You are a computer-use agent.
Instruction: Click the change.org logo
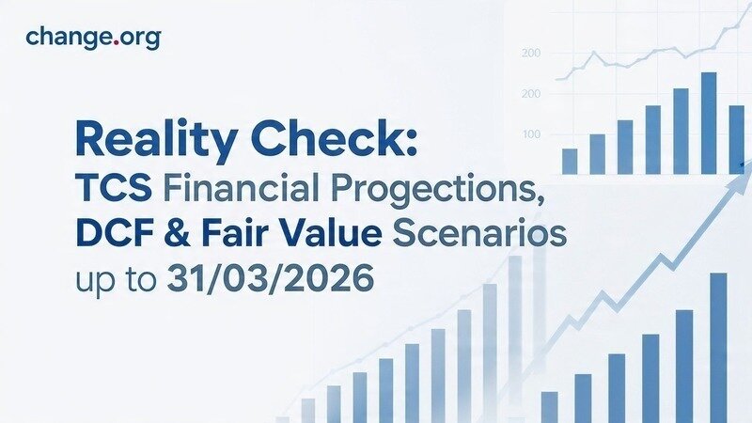point(93,38)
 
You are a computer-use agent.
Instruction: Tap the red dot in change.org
point(117,42)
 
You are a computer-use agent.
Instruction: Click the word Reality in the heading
point(156,140)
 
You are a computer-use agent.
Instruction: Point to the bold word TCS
point(114,187)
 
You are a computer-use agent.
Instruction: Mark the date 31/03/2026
point(270,278)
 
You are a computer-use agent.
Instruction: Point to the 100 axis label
point(531,134)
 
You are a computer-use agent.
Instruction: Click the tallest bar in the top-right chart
point(709,123)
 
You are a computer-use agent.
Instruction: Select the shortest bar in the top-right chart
point(570,162)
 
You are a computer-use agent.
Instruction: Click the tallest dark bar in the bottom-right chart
point(718,348)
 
